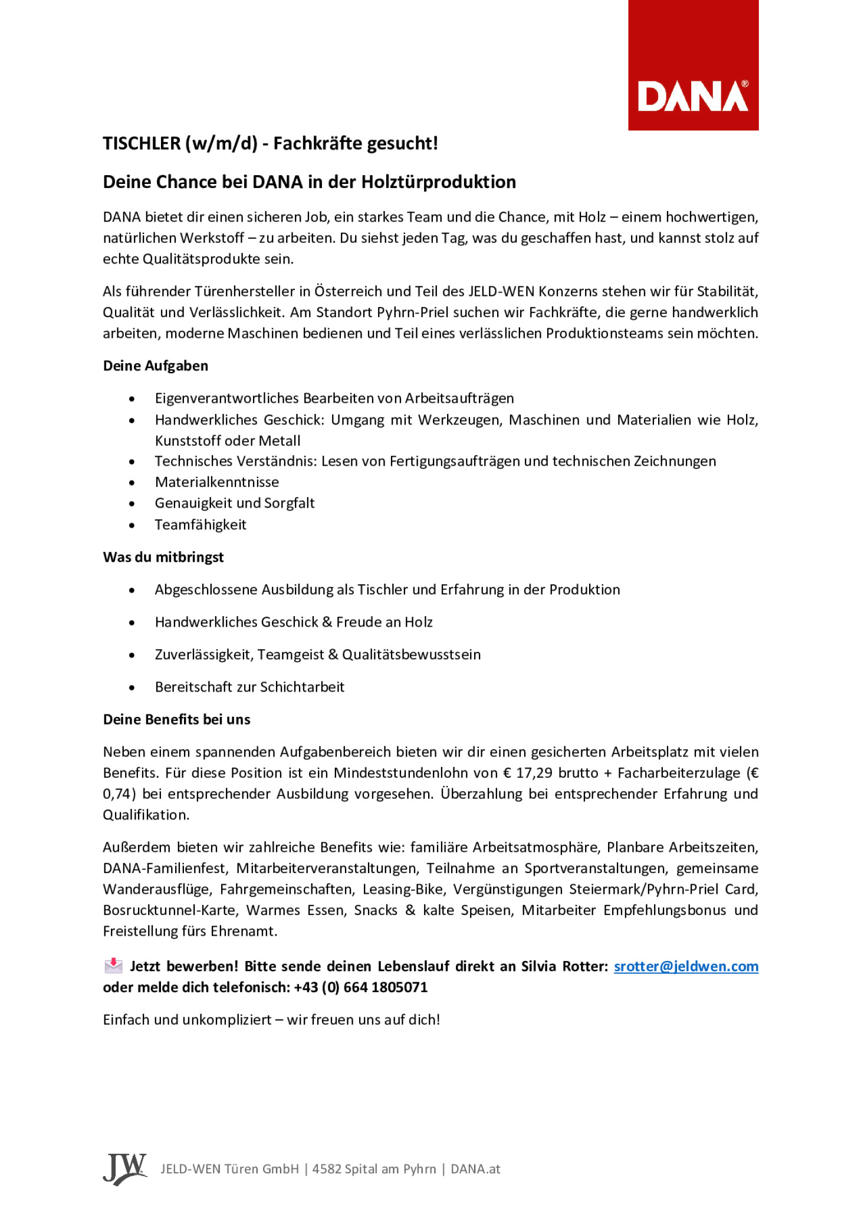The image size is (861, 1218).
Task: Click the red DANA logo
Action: click(693, 65)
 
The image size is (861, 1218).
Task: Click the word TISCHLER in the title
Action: click(142, 143)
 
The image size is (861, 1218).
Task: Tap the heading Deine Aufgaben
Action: click(155, 366)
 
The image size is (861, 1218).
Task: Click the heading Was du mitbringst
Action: click(163, 557)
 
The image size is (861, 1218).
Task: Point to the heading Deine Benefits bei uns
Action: click(176, 719)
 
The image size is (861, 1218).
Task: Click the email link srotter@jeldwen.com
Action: click(686, 966)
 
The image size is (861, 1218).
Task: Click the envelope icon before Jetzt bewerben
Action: click(113, 966)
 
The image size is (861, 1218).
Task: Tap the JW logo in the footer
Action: click(124, 1169)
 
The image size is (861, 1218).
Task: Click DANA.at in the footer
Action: click(475, 1169)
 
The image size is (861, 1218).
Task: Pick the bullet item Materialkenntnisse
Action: click(216, 482)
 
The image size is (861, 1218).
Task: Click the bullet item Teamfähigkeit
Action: click(201, 525)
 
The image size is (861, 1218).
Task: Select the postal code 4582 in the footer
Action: click(327, 1169)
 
